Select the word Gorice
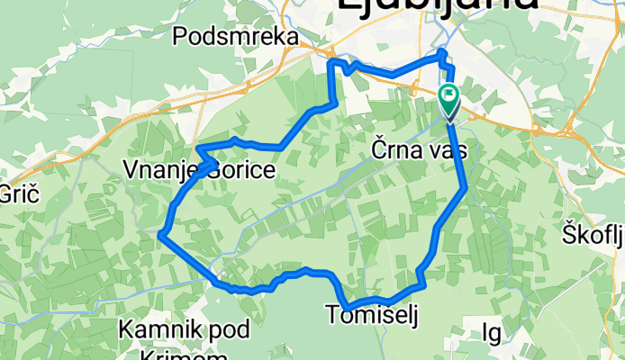236,169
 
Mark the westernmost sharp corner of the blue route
159,235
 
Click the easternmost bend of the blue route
465,187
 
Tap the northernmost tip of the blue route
441,53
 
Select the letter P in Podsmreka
178,36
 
